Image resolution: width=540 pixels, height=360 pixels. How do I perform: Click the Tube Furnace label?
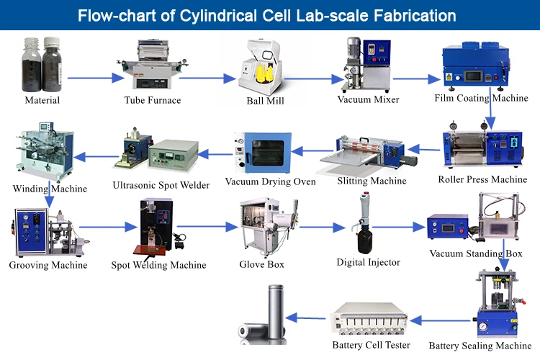(x=152, y=100)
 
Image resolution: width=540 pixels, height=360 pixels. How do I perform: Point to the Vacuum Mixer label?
(x=368, y=99)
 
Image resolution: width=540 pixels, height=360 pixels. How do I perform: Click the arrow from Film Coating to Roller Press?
(x=491, y=110)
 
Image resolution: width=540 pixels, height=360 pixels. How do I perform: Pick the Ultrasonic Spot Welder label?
(x=161, y=185)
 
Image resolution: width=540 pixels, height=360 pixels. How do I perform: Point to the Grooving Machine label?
(x=48, y=265)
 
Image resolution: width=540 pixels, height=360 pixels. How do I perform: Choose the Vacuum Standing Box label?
(x=475, y=253)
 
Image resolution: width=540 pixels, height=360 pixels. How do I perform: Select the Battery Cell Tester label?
(x=371, y=345)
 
